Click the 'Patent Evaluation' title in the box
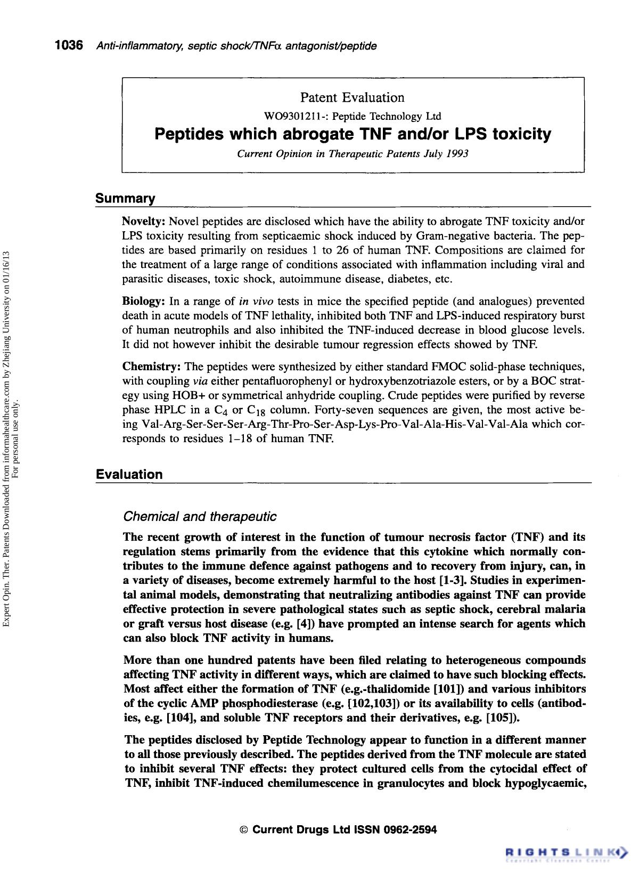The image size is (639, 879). tap(352, 97)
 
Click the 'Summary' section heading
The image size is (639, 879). tap(125, 199)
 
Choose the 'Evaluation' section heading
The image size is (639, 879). tap(129, 474)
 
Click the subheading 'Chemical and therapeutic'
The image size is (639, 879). tap(200, 517)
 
